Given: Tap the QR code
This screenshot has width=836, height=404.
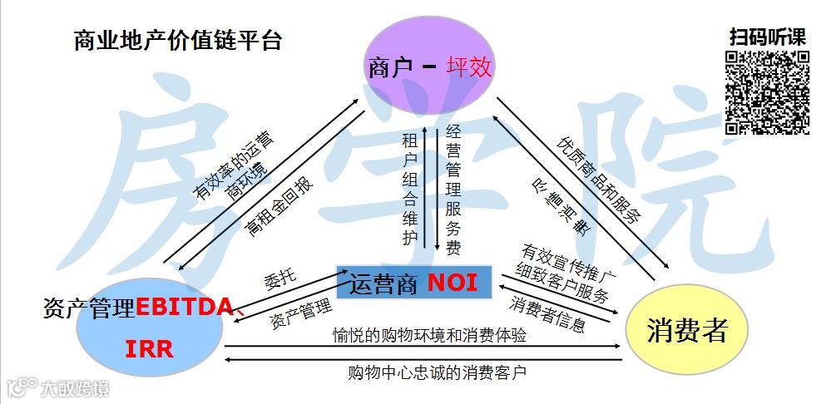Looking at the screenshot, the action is [767, 92].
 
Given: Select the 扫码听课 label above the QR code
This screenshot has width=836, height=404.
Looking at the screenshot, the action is [767, 37].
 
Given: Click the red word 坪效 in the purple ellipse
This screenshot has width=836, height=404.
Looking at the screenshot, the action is [470, 67].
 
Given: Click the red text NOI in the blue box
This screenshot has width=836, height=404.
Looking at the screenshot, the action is [453, 283].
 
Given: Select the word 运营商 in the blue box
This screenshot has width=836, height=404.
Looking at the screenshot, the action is [382, 283].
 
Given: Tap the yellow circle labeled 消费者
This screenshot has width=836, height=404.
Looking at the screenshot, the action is [687, 330].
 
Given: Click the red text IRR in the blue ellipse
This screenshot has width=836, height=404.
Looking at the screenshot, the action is [150, 349].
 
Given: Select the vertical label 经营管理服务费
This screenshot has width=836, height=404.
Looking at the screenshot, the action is [453, 190].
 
